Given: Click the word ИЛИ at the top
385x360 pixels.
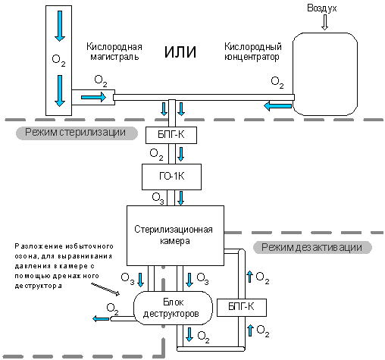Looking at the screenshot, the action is [180, 52].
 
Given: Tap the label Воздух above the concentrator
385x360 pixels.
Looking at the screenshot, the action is [322, 8].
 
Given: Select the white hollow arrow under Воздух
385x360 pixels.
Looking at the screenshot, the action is [324, 23].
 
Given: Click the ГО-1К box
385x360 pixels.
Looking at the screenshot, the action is [171, 177].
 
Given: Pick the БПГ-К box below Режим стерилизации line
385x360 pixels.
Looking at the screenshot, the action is [171, 135].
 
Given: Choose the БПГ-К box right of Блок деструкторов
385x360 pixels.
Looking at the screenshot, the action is [242, 308].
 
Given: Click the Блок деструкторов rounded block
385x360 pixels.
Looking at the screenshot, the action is [173, 308].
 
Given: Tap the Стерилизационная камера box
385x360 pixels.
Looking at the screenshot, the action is [175, 236].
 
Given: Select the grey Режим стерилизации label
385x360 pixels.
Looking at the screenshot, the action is [77, 133].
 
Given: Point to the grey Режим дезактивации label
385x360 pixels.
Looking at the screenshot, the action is [312, 247].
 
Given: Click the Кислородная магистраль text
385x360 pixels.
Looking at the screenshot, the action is [114, 52].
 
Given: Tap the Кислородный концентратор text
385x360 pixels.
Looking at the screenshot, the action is [253, 52].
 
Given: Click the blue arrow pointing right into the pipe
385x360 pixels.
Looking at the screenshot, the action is [93, 97].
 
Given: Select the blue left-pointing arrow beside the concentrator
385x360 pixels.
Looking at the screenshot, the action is [277, 106].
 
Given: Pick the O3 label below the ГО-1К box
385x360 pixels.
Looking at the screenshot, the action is [158, 198].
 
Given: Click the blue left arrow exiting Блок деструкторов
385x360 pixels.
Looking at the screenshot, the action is [101, 319].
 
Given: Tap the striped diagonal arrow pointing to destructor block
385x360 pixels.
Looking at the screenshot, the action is [105, 289].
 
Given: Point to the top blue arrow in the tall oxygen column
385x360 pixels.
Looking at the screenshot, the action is [60, 26].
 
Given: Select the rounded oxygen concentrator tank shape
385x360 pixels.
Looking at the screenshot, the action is [325, 74].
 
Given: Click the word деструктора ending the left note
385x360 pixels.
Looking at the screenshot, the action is [38, 286].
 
